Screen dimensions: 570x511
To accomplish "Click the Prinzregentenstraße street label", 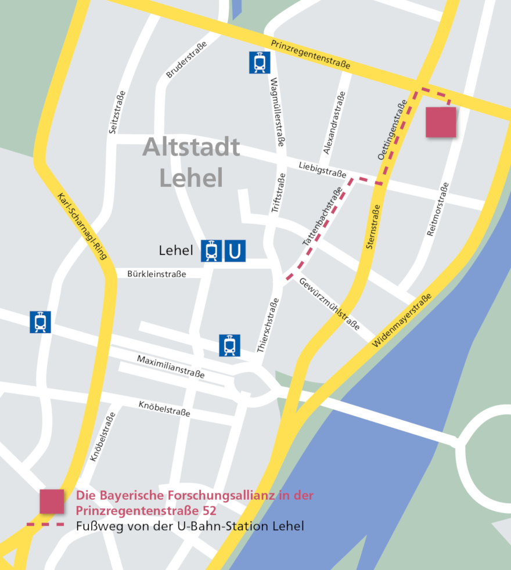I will click(x=311, y=55).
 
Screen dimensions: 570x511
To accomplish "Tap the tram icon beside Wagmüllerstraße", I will click(x=260, y=63).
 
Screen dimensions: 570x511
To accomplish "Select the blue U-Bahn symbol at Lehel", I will click(x=235, y=251).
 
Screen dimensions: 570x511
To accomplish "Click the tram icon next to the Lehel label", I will click(x=211, y=251).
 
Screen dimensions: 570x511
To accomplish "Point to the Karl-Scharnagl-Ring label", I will click(x=82, y=225).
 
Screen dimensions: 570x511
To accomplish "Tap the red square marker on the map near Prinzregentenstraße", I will click(x=441, y=122).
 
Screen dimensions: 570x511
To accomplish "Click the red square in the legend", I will click(x=52, y=502).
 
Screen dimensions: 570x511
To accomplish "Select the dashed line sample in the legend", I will click(x=46, y=525).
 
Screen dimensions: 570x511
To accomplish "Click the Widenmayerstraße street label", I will click(x=402, y=321).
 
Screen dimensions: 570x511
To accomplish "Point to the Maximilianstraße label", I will click(x=171, y=367).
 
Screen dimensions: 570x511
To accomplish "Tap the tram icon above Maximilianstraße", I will click(x=229, y=345).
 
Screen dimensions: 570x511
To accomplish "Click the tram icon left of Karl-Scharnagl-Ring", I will click(x=41, y=322).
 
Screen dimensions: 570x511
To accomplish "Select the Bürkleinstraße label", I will click(x=157, y=274).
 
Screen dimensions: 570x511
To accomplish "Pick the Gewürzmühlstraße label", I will click(x=329, y=304).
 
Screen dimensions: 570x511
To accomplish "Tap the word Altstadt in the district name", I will click(x=191, y=147).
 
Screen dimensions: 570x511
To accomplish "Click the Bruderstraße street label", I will click(x=186, y=60).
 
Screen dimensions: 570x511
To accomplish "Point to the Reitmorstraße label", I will click(x=438, y=209).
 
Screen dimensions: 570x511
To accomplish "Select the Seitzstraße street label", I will click(x=117, y=113).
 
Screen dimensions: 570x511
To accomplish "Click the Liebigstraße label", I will click(x=322, y=169).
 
